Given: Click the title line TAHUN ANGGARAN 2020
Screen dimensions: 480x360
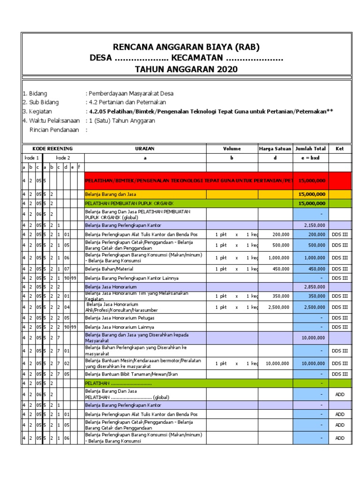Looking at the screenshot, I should click(x=186, y=70).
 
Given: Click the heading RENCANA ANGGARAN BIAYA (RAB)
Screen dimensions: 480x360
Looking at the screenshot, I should click(x=186, y=47).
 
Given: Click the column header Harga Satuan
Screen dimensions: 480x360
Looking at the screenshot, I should click(x=275, y=149).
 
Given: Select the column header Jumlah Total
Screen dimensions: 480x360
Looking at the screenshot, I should click(x=311, y=149).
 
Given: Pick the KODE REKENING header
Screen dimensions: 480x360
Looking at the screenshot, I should click(x=52, y=149).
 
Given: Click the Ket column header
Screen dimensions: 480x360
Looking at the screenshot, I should click(x=339, y=149).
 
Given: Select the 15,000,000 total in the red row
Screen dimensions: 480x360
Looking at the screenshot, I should click(x=312, y=180).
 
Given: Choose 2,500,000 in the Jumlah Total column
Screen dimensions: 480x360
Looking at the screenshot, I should click(x=315, y=307).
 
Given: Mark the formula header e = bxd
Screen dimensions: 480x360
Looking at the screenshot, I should click(x=311, y=158).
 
